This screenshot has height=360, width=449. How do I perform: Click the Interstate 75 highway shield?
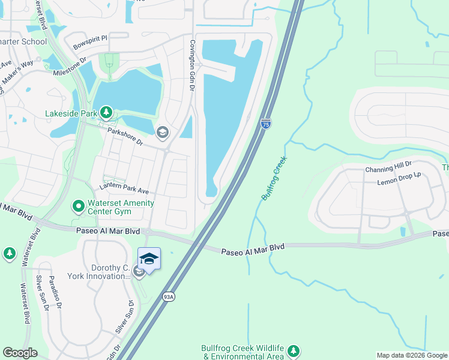point(265,123)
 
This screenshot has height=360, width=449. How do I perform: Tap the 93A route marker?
point(169,296)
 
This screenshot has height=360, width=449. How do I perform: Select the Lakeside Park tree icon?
point(106,112)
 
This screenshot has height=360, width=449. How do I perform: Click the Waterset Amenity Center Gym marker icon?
point(78,207)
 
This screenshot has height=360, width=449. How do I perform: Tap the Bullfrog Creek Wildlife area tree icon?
point(293,350)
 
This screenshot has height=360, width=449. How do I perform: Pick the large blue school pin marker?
point(149,260)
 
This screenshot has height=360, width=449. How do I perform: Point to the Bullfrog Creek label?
point(274,178)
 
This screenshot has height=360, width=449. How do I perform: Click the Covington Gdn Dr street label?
point(193,66)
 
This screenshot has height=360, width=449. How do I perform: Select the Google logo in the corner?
point(20,353)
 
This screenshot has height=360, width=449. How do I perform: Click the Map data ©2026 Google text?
point(412,355)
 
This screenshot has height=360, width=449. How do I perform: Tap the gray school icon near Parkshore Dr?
point(161,132)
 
